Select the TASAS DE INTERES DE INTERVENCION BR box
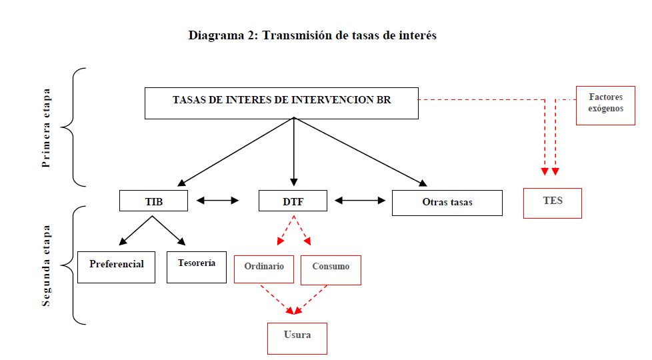(281, 103)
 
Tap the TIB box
(153, 201)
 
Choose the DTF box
(293, 201)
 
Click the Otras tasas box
(447, 203)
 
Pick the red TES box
(553, 203)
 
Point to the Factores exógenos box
(605, 105)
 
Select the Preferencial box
(116, 267)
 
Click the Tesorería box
(197, 266)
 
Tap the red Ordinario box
(264, 269)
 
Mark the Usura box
(297, 338)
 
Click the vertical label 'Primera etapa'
(46, 127)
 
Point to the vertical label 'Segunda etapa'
(46, 265)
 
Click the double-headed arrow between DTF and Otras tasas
(360, 200)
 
